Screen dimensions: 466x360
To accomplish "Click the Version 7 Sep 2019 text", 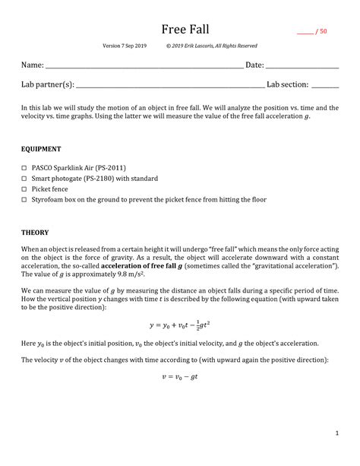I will [x=125, y=46].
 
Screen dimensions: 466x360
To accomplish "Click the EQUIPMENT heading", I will [x=41, y=149].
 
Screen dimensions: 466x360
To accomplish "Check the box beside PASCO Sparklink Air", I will [x=24, y=168].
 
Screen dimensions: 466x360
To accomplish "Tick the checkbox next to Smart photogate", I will [x=24, y=179].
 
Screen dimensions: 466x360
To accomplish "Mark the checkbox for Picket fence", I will [x=24, y=189].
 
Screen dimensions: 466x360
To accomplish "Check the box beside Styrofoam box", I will [x=24, y=200].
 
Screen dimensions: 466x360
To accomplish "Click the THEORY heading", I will [x=35, y=232].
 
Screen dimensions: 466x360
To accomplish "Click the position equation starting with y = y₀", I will [x=180, y=325].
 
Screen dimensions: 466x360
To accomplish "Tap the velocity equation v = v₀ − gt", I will [x=180, y=376].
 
